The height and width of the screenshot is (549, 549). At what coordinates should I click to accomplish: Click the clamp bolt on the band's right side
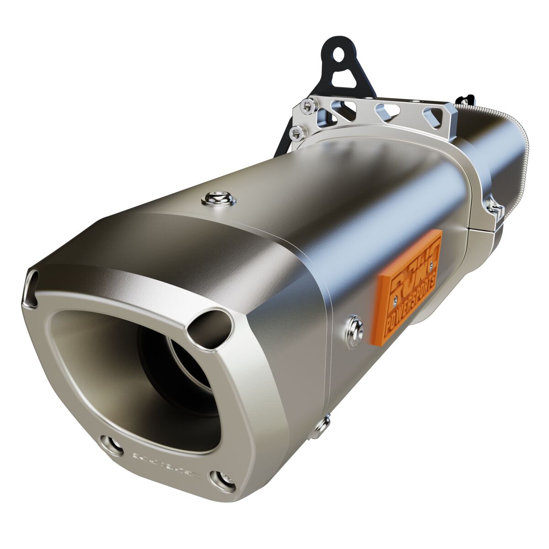(496, 210)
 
